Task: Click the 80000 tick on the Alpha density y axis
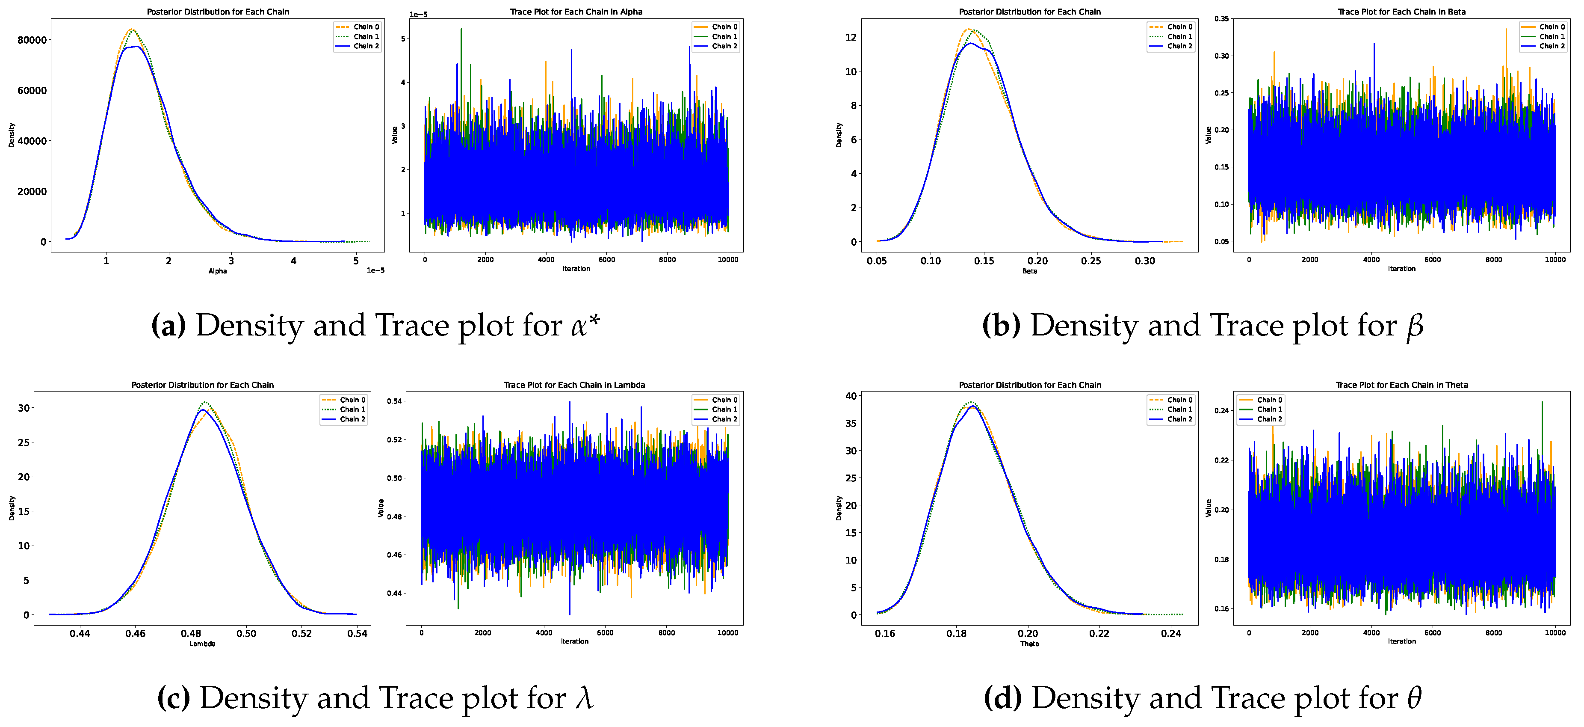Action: [32, 40]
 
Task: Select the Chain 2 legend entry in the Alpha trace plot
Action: [724, 46]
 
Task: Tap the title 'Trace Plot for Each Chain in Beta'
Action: [1401, 12]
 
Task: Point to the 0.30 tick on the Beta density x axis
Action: [1144, 261]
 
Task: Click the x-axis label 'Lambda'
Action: [202, 644]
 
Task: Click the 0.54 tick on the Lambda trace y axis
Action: [394, 401]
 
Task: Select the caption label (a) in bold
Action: [168, 325]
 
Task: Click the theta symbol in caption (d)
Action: [1414, 698]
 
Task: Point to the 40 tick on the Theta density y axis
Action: [851, 396]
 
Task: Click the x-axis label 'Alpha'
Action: [218, 271]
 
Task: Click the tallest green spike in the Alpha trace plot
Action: [461, 30]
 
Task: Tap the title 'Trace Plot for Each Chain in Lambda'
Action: [574, 385]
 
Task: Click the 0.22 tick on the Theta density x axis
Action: [1099, 634]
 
